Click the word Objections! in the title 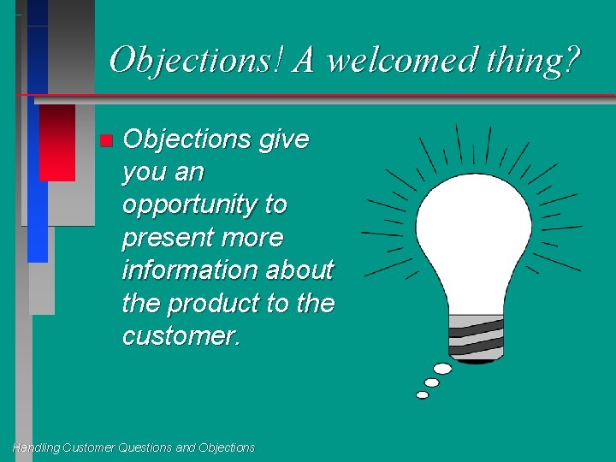197,60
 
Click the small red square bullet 105,140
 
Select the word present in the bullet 168,238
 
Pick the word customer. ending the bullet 182,335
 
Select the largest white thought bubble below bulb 443,369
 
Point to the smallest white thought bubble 422,395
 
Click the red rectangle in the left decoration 57,142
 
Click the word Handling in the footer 37,447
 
